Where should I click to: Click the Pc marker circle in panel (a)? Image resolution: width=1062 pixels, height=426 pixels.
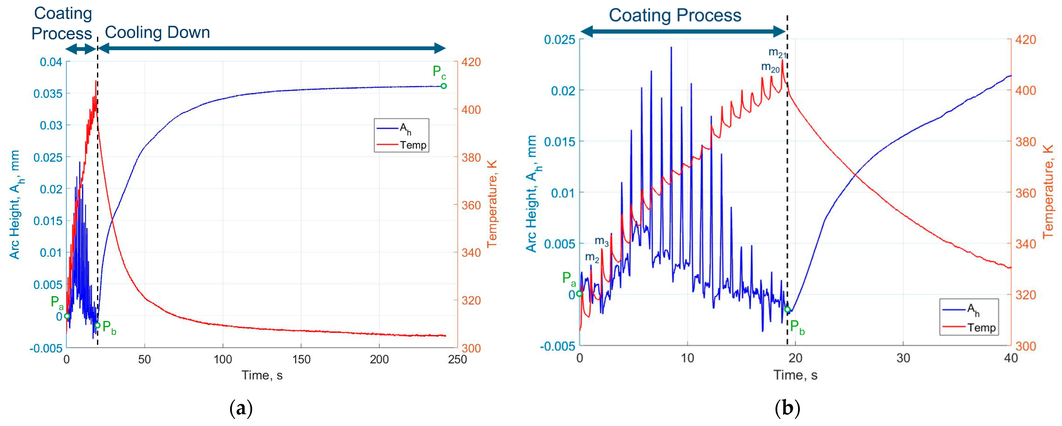pyautogui.click(x=444, y=86)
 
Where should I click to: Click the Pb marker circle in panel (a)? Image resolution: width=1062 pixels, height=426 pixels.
pyautogui.click(x=97, y=325)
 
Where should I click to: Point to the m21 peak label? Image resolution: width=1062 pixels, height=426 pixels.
pyautogui.click(x=777, y=53)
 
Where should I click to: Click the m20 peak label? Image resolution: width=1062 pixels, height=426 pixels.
pyautogui.click(x=770, y=67)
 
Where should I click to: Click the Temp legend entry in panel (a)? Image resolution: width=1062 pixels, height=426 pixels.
pyautogui.click(x=412, y=145)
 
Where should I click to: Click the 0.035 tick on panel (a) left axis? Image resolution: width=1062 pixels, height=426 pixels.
pyautogui.click(x=48, y=94)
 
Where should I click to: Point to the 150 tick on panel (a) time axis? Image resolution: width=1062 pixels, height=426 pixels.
pyautogui.click(x=301, y=360)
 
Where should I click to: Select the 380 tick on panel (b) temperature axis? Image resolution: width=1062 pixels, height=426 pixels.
pyautogui.click(x=1025, y=141)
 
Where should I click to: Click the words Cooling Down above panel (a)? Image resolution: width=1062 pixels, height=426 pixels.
pyautogui.click(x=157, y=32)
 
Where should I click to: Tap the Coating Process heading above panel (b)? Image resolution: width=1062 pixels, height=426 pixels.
pyautogui.click(x=675, y=15)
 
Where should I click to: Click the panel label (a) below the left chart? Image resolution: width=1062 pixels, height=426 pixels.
pyautogui.click(x=241, y=408)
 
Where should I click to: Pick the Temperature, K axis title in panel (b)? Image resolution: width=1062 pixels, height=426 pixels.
pyautogui.click(x=1049, y=192)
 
